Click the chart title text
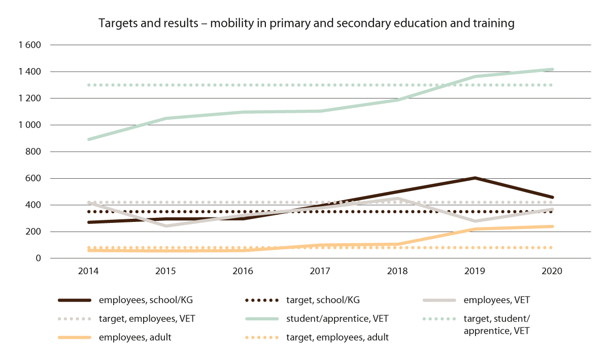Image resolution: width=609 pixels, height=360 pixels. coord(307,23)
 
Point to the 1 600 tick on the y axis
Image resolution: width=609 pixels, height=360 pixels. coord(29,45)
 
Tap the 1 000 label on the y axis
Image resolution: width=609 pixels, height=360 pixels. coord(29,125)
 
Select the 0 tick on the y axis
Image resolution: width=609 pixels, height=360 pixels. coord(38,258)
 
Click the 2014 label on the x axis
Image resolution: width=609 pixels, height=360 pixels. coord(88,271)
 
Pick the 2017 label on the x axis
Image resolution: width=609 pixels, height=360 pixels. coord(320,271)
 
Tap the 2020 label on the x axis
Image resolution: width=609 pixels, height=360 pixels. coord(552,271)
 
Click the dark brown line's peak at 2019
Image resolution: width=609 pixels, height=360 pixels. coord(475,178)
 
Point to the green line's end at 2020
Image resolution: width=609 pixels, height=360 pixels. coord(552,70)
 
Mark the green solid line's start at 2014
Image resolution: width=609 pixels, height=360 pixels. coord(88,139)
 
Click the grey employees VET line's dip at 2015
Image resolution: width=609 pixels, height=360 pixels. coord(166,226)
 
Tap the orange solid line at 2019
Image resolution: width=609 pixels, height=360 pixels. coord(475,229)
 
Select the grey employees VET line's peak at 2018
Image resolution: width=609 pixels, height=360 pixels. coord(398,199)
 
